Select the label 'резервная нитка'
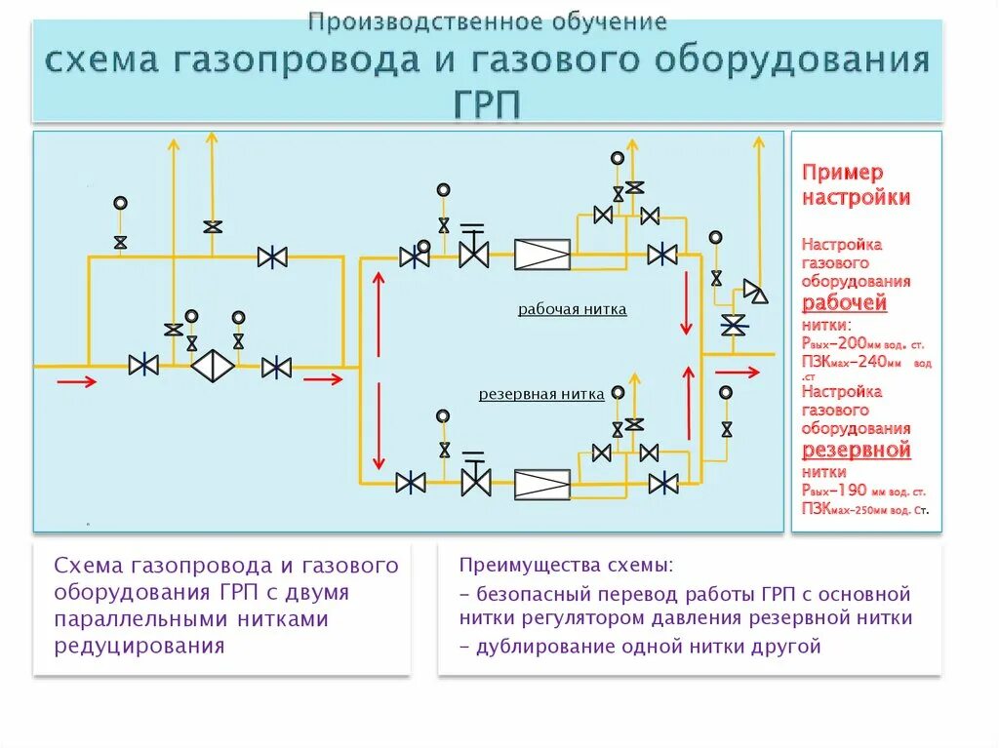[x=541, y=394]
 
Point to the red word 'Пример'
[x=843, y=173]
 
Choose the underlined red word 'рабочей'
[x=845, y=302]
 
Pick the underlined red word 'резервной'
[x=856, y=451]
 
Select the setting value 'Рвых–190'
[x=835, y=491]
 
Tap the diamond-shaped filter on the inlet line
[x=212, y=367]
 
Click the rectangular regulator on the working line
[x=542, y=256]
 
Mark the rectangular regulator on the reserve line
[x=542, y=483]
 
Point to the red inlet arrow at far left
[x=76, y=380]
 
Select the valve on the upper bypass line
[x=272, y=256]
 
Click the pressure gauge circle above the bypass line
[x=120, y=203]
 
